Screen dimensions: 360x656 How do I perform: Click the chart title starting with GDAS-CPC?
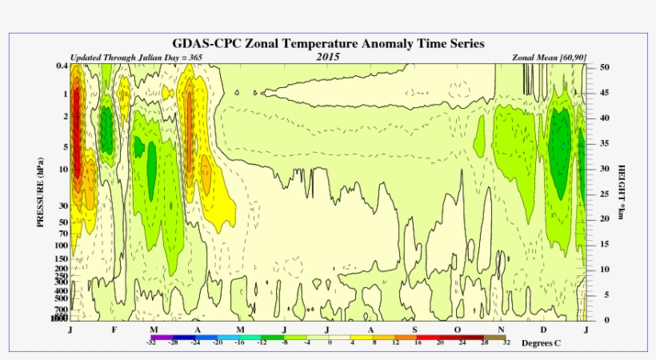pyautogui.click(x=329, y=43)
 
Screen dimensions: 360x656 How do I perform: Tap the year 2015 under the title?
pyautogui.click(x=328, y=58)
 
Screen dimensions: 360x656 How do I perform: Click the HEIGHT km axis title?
pyautogui.click(x=620, y=192)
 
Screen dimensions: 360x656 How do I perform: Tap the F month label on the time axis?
pyautogui.click(x=114, y=330)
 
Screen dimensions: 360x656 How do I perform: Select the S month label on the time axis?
pyautogui.click(x=414, y=330)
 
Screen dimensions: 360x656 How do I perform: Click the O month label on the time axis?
pyautogui.click(x=458, y=330)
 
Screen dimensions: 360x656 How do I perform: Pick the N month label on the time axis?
pyautogui.click(x=501, y=330)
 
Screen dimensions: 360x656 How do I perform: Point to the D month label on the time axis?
pyautogui.click(x=544, y=330)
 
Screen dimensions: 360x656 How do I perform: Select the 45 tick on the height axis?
pyautogui.click(x=605, y=93)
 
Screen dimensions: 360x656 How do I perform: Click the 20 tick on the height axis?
pyautogui.click(x=605, y=219)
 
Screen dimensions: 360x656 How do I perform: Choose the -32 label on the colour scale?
pyautogui.click(x=150, y=342)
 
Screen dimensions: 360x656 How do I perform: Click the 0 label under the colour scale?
pyautogui.click(x=330, y=342)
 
